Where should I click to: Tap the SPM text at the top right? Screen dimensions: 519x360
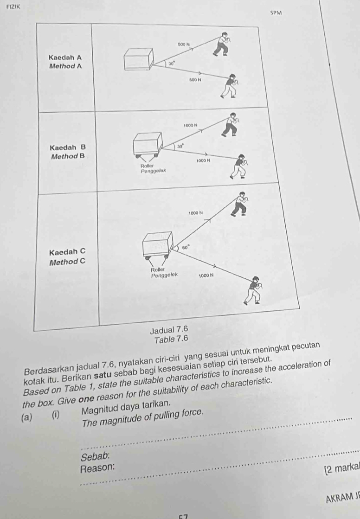[x=276, y=14]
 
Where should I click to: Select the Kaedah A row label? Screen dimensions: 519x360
[x=65, y=58]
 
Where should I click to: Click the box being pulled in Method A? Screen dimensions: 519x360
[x=138, y=59]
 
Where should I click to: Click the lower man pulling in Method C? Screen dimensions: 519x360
[x=255, y=290]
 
